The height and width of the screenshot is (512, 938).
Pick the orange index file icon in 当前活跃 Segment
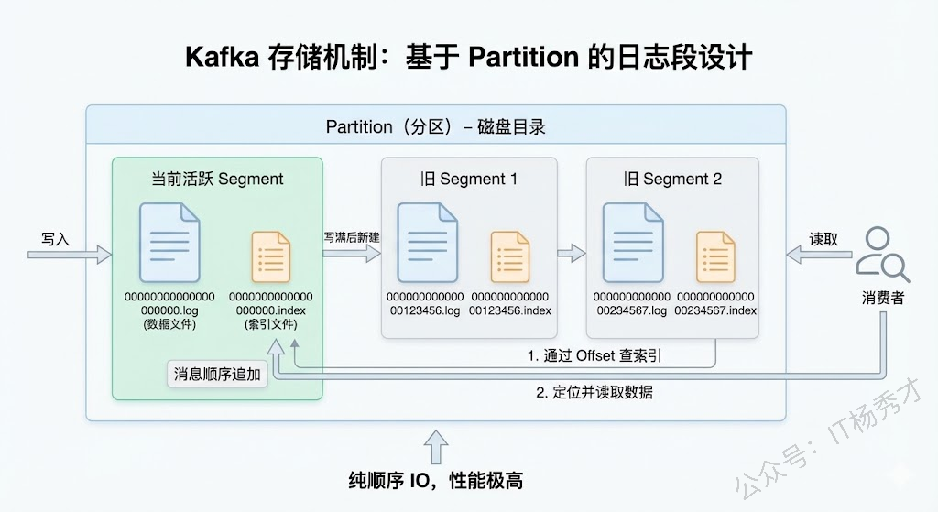pos(270,256)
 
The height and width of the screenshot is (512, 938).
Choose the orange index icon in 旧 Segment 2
pos(715,256)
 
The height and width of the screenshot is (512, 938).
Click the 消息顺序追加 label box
pos(218,374)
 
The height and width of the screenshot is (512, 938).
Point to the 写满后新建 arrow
pos(351,254)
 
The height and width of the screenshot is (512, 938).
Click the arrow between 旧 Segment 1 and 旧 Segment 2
pos(572,254)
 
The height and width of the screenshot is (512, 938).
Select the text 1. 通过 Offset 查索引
pos(594,355)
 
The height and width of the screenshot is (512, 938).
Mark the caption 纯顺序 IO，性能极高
pos(436,480)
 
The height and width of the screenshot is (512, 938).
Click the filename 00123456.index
pos(510,310)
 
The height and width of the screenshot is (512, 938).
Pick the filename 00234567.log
pos(632,310)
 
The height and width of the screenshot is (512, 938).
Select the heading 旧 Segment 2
pos(672,179)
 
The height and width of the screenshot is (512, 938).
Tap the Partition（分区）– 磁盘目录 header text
pos(436,126)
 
